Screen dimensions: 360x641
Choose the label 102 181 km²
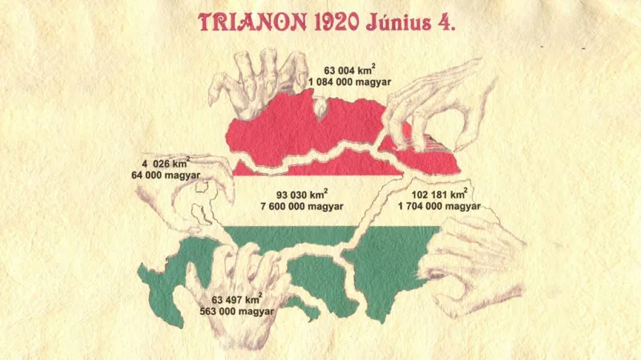(x=439, y=194)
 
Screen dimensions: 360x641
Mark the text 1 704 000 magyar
(x=439, y=206)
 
